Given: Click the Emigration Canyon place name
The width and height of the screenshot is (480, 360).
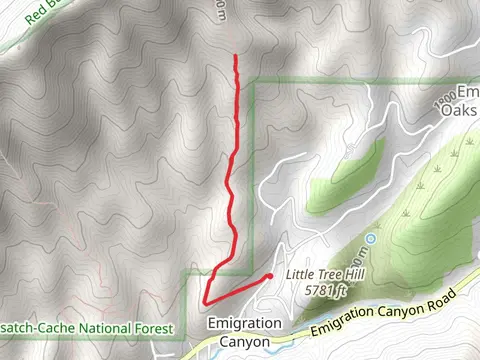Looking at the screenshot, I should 239,332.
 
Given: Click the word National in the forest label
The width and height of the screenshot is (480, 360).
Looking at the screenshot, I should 98,327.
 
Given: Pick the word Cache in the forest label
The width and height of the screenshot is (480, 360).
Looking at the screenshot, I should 45,327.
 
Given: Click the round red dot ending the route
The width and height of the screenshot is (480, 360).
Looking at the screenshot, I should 270,276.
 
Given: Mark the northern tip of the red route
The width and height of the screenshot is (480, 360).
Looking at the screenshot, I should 235,56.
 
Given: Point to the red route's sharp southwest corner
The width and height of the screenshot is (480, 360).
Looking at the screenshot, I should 205,301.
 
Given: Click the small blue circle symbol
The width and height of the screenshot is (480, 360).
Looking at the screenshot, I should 371,239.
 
